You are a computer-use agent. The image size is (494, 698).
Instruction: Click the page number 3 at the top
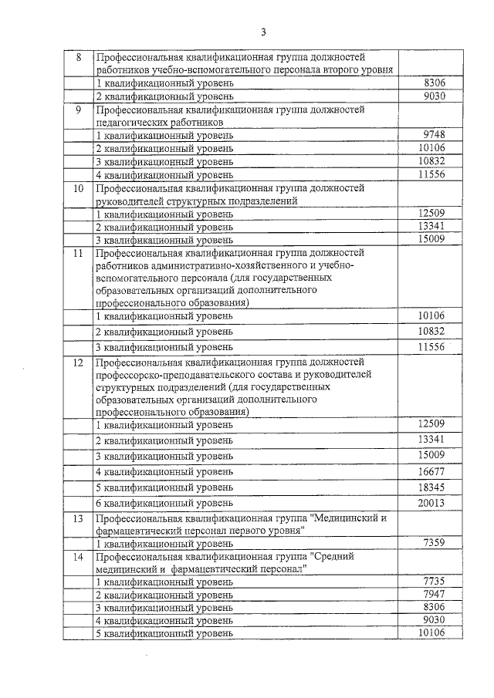pyautogui.click(x=263, y=32)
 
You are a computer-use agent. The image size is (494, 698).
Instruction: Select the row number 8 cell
pyautogui.click(x=77, y=58)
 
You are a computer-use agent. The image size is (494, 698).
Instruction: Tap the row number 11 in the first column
pyautogui.click(x=77, y=252)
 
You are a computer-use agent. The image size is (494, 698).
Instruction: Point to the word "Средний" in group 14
pyautogui.click(x=337, y=556)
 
